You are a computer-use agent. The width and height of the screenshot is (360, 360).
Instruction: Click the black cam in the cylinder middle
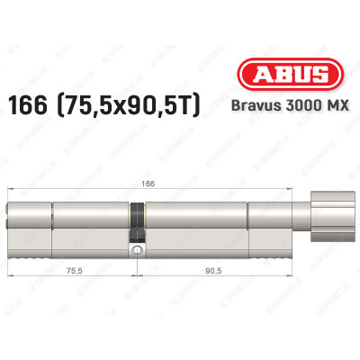[x=137, y=219]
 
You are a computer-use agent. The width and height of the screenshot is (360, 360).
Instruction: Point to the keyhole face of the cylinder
[x=11, y=219]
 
